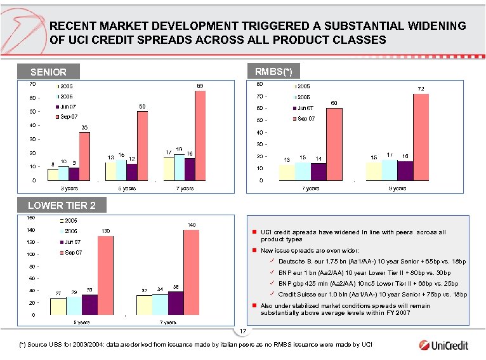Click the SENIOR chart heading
click(x=48, y=73)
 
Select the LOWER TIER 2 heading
click(x=62, y=205)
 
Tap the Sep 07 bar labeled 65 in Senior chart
click(x=200, y=135)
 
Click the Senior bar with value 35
click(x=84, y=156)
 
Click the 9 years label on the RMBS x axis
click(x=397, y=189)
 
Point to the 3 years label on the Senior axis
click(x=69, y=189)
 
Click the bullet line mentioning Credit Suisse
click(x=372, y=295)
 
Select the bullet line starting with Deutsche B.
click(x=372, y=262)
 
